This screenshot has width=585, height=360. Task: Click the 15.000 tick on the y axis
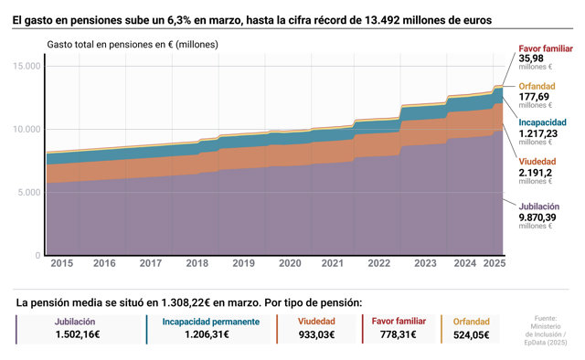click(x=27, y=66)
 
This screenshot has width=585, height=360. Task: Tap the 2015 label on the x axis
click(x=62, y=263)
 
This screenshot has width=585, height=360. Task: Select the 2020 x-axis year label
click(x=290, y=263)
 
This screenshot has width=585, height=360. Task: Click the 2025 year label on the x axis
click(x=495, y=263)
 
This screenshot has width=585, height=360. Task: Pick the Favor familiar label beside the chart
click(x=546, y=48)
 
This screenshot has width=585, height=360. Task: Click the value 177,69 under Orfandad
click(x=534, y=97)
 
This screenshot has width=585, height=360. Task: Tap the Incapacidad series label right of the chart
click(x=542, y=122)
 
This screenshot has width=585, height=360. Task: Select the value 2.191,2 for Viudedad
click(x=535, y=173)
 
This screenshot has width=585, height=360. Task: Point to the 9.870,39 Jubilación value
click(x=537, y=217)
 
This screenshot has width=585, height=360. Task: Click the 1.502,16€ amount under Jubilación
click(x=78, y=334)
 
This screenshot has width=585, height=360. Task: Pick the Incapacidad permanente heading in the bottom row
click(x=211, y=322)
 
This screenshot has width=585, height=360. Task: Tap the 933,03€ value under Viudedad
click(x=316, y=334)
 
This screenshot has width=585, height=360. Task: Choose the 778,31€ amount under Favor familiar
click(x=399, y=334)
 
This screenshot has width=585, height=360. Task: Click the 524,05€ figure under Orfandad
click(x=472, y=335)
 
